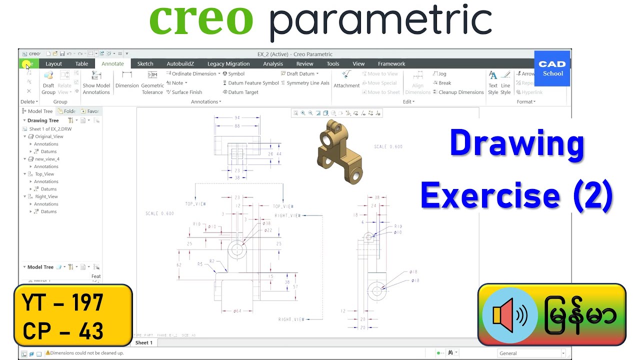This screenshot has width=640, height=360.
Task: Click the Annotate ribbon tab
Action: coord(112,63)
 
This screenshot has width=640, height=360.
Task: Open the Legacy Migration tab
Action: coord(228,63)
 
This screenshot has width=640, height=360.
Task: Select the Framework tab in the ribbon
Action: coord(391,63)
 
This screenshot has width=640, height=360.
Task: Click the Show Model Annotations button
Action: coord(96,82)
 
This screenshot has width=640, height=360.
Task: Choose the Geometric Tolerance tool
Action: coord(152,82)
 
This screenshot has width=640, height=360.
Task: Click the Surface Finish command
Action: coord(184,92)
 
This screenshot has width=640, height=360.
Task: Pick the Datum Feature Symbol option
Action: coord(250,83)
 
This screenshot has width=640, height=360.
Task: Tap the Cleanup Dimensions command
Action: coord(458,92)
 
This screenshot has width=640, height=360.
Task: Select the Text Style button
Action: coord(493,82)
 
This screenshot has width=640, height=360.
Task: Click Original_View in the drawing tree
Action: coord(49,136)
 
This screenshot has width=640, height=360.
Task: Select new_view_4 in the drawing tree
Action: coord(47,159)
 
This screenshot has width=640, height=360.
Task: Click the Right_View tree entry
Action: coord(46,196)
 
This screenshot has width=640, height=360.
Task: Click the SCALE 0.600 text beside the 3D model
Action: coord(388,146)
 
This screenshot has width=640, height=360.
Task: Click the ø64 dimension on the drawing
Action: coord(237,311)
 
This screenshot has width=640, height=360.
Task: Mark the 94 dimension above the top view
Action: coord(237,118)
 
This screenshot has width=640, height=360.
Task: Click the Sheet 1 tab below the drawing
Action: coord(144,342)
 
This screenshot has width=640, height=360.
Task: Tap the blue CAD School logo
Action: coord(552,68)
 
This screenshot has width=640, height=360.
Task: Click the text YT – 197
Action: coord(63,303)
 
